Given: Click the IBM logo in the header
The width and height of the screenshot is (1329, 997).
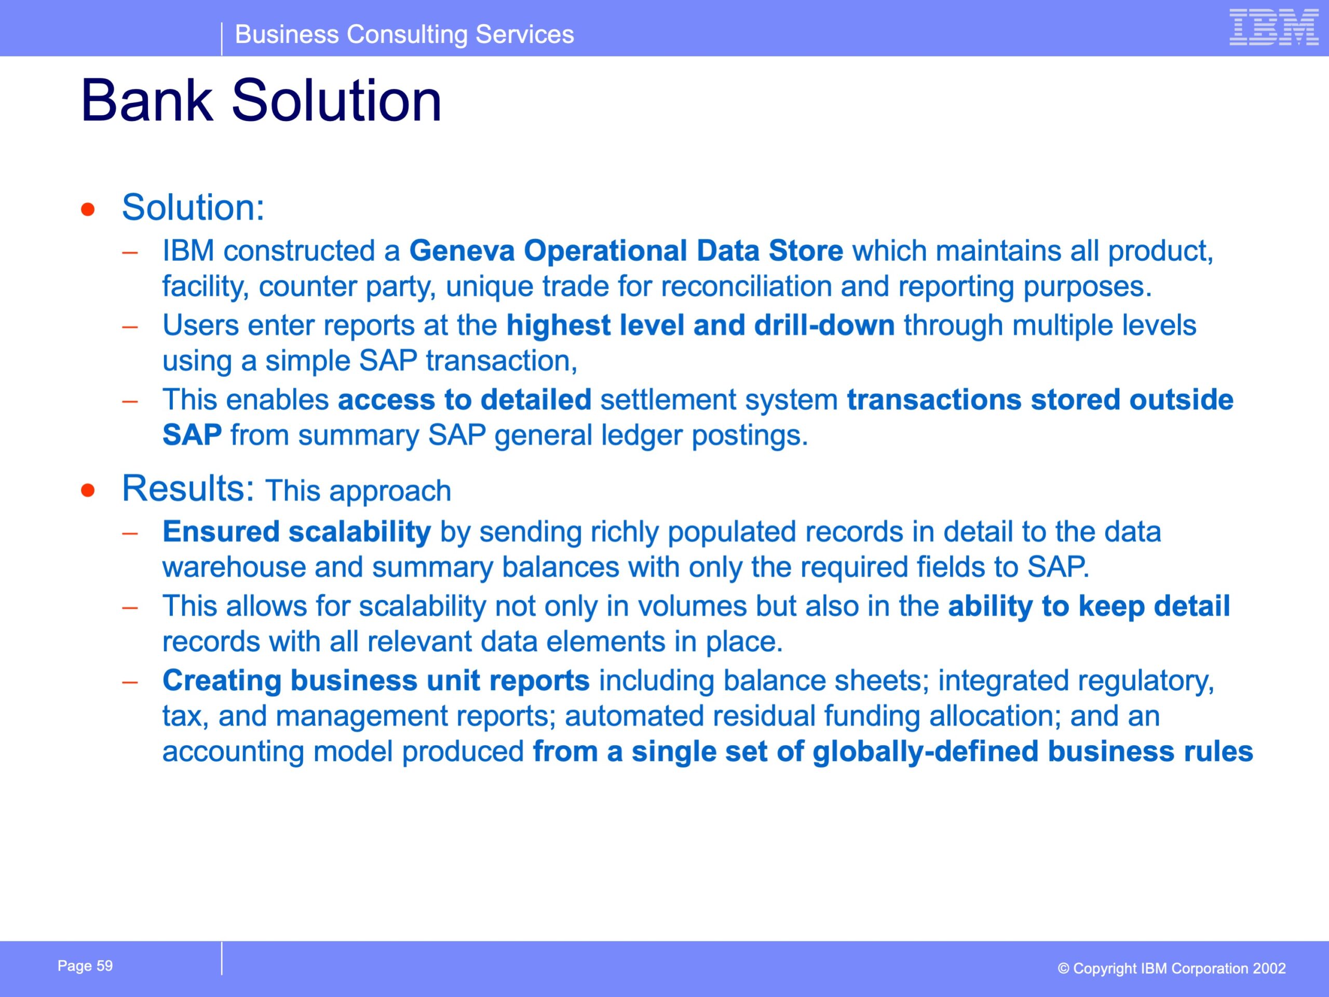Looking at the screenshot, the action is tap(1274, 27).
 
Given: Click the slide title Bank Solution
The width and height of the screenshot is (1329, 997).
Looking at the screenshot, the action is tap(261, 100).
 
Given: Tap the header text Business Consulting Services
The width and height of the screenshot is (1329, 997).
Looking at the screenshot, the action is tap(404, 34).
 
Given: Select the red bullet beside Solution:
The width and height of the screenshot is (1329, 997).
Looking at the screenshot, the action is tap(88, 209).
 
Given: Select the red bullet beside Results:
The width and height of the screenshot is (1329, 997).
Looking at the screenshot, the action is tap(88, 490).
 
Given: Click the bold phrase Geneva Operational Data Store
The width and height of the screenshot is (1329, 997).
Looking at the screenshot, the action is tap(626, 251).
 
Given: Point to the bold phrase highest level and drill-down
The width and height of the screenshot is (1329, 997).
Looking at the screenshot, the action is tap(700, 325).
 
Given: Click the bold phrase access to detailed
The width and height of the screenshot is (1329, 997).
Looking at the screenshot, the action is tap(465, 400).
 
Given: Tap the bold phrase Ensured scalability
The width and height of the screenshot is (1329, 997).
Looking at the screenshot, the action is tap(297, 532).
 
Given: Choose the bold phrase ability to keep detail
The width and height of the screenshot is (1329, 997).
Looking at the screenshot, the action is tap(1089, 607).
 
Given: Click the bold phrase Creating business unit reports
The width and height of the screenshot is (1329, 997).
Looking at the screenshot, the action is tap(376, 681).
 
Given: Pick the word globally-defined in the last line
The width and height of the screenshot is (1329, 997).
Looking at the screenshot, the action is tap(925, 752).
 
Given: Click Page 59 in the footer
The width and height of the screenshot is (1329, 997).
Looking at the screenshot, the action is tap(85, 966).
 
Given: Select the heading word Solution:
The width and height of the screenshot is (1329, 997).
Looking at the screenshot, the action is tap(193, 207).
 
